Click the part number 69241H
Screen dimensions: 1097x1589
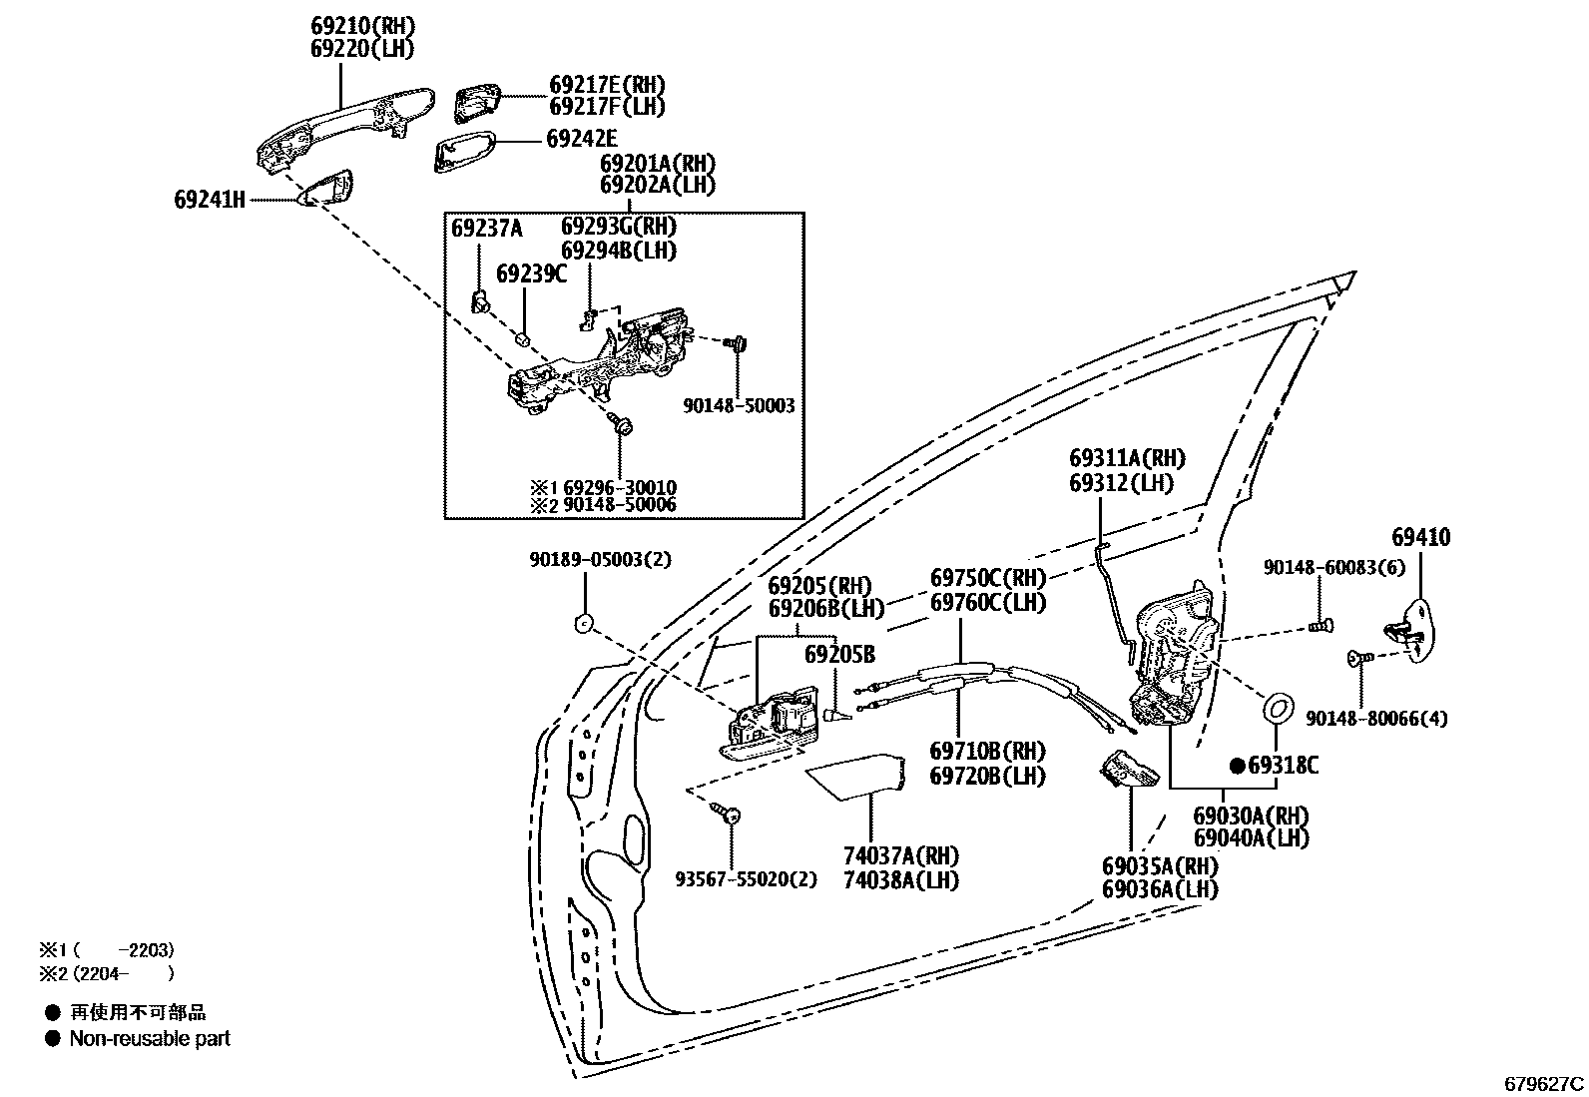pos(209,200)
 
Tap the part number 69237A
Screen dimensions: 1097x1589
pos(486,229)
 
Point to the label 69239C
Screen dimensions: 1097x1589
pos(531,274)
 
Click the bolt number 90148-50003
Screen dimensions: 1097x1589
pos(739,406)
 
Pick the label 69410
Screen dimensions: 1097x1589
pos(1421,538)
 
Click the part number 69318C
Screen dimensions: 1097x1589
pos(1283,766)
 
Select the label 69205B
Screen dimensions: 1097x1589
pos(839,655)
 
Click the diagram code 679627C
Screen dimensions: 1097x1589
pos(1544,1083)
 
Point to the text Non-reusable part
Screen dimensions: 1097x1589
pos(150,1038)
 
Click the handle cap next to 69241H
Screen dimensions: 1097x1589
pos(329,189)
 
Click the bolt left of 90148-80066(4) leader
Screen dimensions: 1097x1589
pos(1354,657)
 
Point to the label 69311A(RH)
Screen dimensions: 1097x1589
pos(1126,458)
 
